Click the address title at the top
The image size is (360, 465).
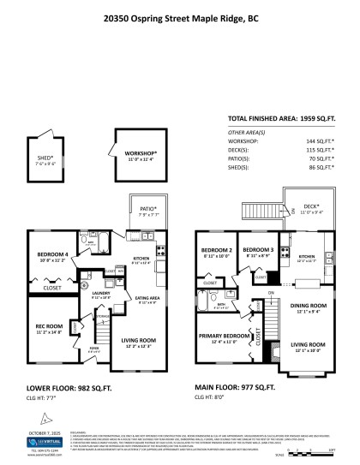(x=179, y=15)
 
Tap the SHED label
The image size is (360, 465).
(x=45, y=158)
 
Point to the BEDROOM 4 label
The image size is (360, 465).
(x=53, y=256)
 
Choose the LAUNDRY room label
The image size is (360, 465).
(x=101, y=293)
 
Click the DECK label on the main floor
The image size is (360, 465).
(x=310, y=206)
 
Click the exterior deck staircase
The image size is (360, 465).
(x=256, y=209)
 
